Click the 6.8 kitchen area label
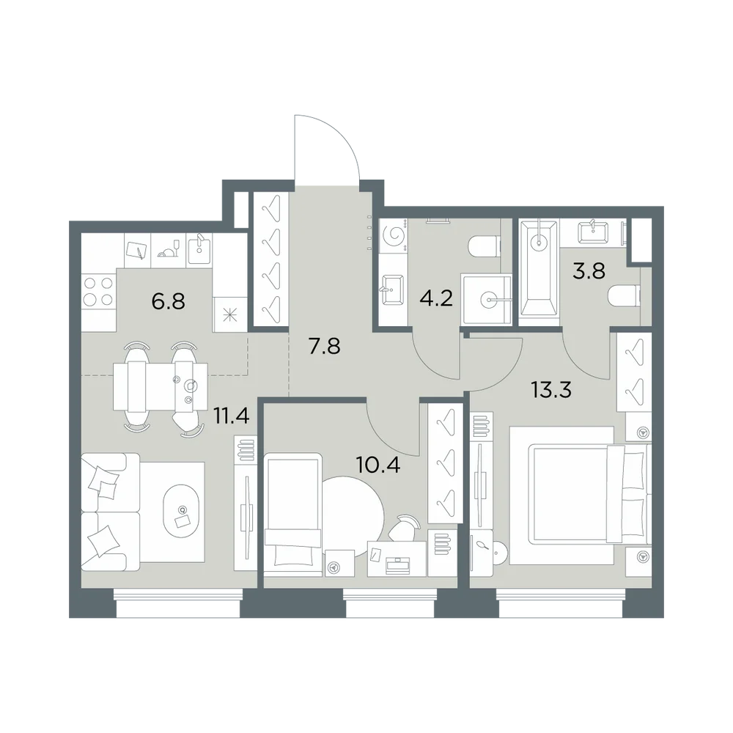tap(169, 301)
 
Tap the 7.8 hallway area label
tap(325, 347)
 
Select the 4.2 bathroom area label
tap(436, 298)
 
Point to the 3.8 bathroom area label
tap(589, 270)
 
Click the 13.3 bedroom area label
tap(552, 389)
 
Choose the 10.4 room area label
tap(378, 465)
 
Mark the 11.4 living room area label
tap(231, 415)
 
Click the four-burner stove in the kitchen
tap(98, 291)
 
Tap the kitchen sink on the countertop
tap(199, 250)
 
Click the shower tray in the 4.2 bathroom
tap(486, 299)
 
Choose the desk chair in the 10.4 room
tap(403, 527)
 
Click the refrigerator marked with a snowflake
tap(230, 315)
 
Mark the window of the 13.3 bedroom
tap(561, 603)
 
